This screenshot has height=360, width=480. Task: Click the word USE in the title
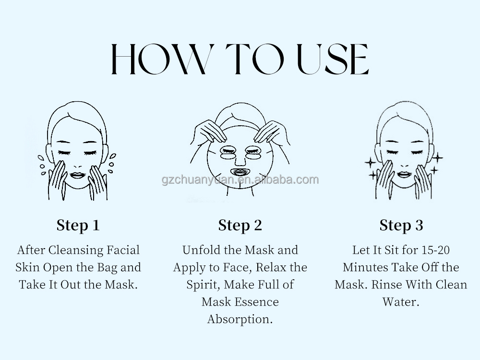pos(333,59)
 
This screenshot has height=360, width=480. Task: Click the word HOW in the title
pos(163,59)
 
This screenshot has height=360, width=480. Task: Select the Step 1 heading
pos(78,226)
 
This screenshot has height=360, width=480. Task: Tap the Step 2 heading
pos(240,226)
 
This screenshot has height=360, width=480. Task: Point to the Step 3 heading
pos(401,226)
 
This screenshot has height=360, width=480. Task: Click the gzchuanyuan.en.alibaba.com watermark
pos(240,180)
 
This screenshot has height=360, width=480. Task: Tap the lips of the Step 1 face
pos(77,175)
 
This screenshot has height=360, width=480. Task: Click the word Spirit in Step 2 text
pos(203,285)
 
